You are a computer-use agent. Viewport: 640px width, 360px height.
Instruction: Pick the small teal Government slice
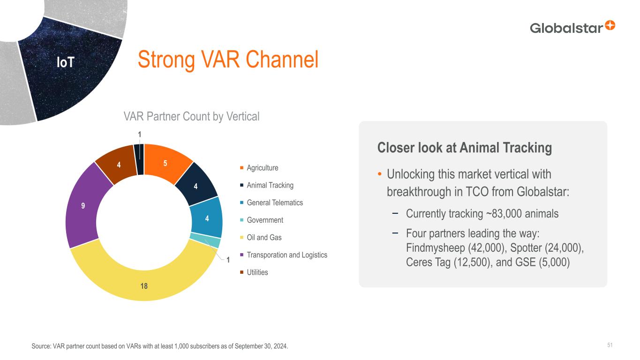[x=205, y=240]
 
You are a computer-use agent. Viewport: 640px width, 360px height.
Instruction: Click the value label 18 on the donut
[x=144, y=286]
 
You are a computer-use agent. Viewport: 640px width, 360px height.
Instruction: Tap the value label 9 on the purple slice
[x=83, y=206]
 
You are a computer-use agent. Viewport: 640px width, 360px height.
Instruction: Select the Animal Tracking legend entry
[x=267, y=185]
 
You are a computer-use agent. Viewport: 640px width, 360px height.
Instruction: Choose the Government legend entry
[x=262, y=220]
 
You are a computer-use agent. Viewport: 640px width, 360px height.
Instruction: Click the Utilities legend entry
[x=254, y=272]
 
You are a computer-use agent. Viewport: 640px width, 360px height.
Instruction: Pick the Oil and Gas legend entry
[x=261, y=238]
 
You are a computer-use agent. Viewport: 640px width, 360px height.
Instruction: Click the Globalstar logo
[x=572, y=28]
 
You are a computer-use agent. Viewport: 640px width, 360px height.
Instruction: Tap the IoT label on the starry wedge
[x=66, y=62]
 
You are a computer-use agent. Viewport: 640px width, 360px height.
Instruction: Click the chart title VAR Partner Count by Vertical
[x=191, y=117]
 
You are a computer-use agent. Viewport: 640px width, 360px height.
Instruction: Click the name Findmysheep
[x=436, y=247]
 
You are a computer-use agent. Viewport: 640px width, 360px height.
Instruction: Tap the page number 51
[x=610, y=345]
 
